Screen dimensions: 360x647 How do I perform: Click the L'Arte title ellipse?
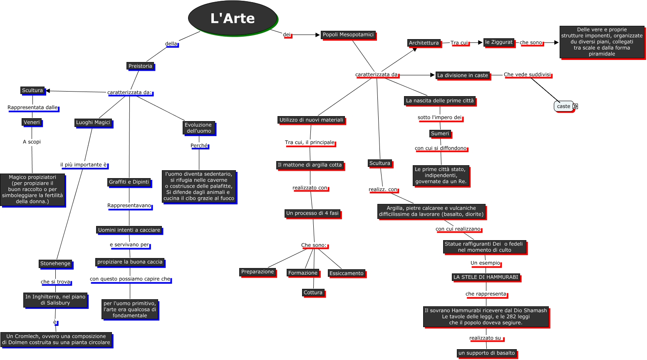coord(233,18)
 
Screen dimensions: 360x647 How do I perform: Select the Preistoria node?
coord(140,66)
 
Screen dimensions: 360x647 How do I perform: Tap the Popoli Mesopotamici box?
coord(348,35)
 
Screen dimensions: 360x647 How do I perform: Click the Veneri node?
coord(32,122)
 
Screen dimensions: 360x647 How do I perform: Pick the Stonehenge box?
coord(55,263)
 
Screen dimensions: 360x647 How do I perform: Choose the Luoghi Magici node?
coord(93,122)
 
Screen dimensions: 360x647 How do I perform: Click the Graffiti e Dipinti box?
coord(129,182)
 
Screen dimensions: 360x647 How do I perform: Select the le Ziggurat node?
coord(499,42)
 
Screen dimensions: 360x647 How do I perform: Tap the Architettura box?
coord(424,43)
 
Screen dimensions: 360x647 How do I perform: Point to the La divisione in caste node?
coord(463,75)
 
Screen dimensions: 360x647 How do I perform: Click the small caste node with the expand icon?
coord(563,106)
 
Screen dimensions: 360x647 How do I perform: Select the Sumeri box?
coord(440,134)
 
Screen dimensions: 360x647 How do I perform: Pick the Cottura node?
coord(313,293)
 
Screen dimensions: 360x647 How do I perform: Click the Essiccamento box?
coord(347,273)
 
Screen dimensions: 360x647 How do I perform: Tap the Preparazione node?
coord(258,272)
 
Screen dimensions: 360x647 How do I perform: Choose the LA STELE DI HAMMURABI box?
coord(486,277)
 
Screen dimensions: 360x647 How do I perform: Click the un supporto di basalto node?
coord(486,353)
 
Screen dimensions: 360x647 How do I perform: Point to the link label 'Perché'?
coord(199,146)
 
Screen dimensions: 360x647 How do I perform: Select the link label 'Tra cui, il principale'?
coord(310,142)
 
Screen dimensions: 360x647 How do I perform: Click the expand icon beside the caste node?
coord(575,106)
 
